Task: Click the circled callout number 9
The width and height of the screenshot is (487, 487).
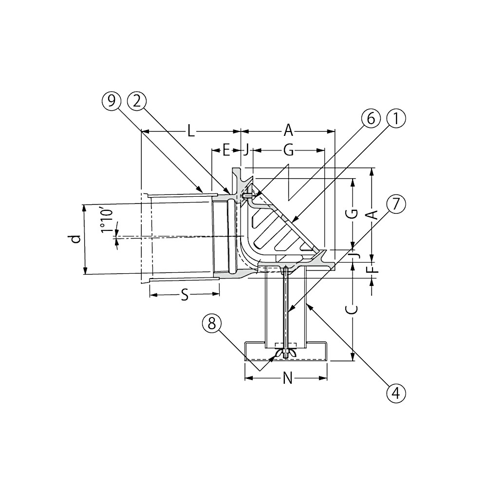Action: (x=112, y=101)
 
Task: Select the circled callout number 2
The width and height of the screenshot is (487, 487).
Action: (x=137, y=101)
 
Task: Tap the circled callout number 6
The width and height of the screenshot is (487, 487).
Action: (x=371, y=119)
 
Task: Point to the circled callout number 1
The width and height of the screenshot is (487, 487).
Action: (x=396, y=119)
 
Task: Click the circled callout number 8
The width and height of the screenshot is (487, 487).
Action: (x=212, y=324)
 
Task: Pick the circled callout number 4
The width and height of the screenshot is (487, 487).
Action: (x=396, y=393)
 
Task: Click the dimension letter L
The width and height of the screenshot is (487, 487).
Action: (x=191, y=131)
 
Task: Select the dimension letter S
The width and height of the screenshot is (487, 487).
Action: (x=185, y=295)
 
